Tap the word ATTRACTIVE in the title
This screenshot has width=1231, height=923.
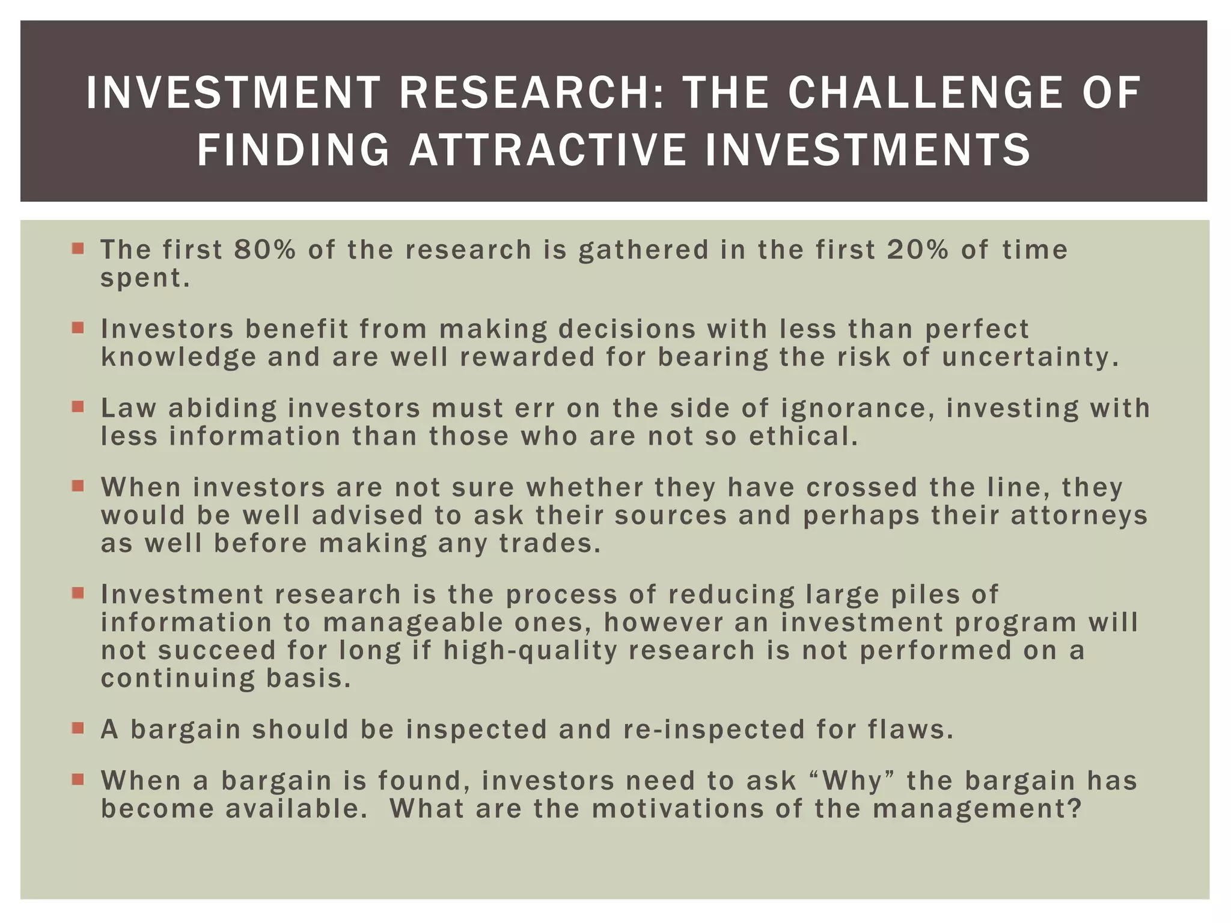coord(548,150)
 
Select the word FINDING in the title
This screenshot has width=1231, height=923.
coord(293,150)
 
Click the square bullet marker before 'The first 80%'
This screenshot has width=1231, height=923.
coord(78,248)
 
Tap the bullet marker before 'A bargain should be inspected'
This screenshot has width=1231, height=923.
coord(78,728)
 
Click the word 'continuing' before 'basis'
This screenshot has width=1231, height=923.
coord(177,679)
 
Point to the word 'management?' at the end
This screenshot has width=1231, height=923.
coord(977,809)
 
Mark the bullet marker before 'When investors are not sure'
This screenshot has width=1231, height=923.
coord(78,486)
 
